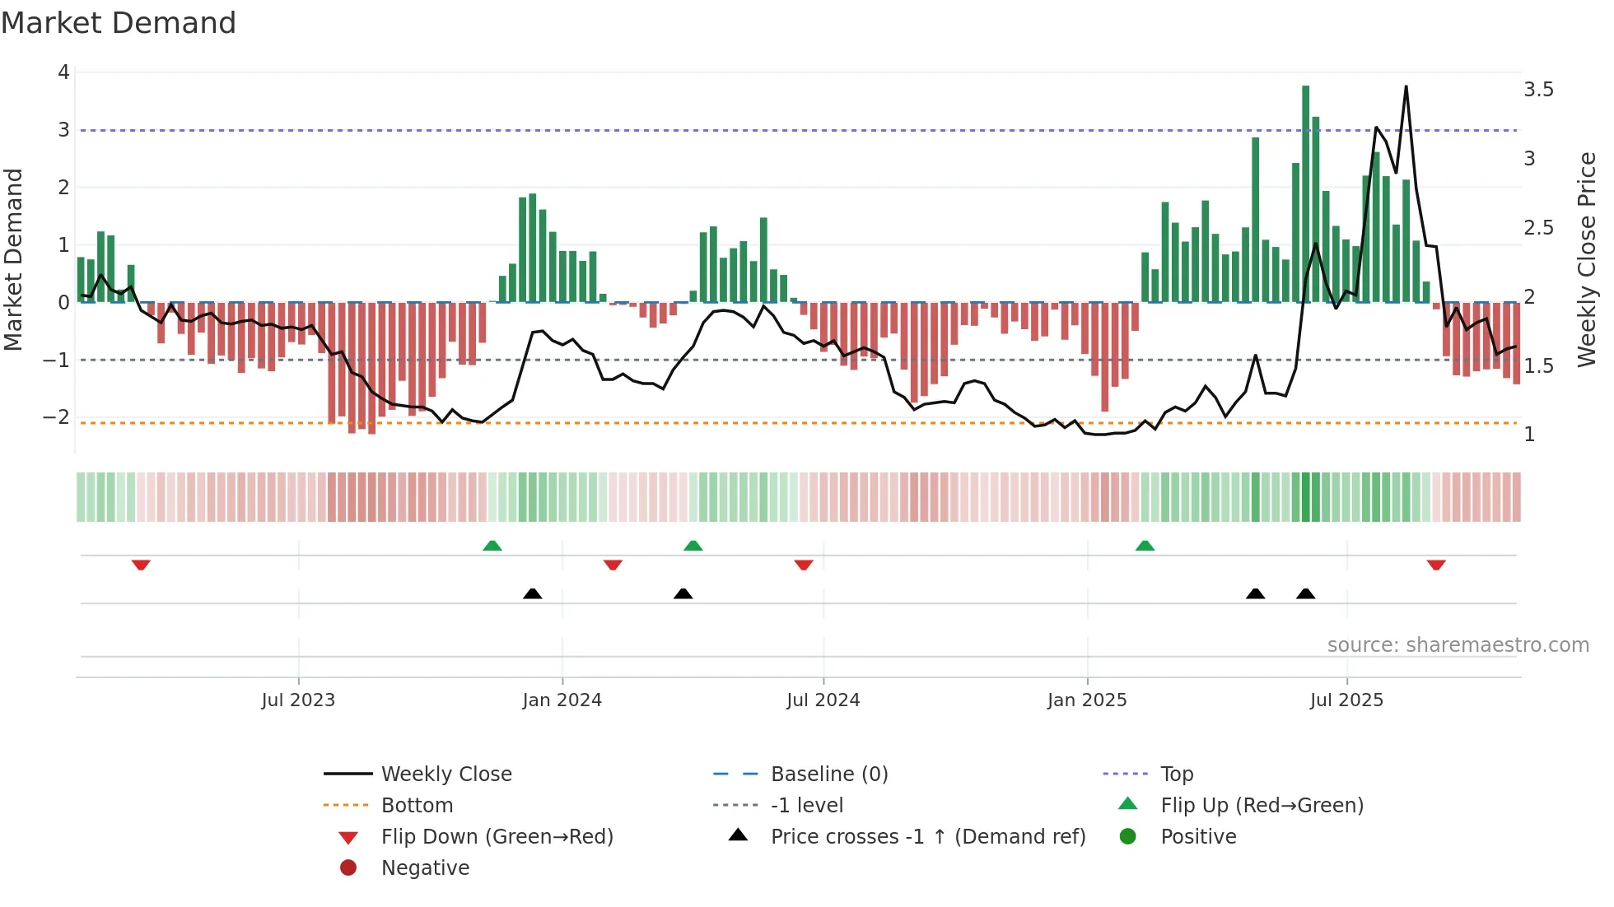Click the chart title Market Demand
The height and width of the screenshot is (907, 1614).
(119, 23)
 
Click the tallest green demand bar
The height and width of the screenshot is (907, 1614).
(1305, 193)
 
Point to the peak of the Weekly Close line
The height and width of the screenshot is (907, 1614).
(1406, 86)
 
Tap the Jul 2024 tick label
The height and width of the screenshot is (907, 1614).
(823, 700)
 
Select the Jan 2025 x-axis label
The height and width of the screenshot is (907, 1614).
(1087, 700)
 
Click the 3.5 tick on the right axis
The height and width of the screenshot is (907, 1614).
(1538, 90)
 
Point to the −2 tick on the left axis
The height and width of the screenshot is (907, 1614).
(56, 417)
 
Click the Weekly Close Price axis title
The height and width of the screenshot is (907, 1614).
(1586, 259)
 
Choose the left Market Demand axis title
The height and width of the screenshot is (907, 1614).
(13, 259)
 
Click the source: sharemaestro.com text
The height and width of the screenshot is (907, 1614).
(1458, 645)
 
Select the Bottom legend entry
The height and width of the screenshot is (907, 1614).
(417, 806)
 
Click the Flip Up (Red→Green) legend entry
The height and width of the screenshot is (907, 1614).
(1262, 806)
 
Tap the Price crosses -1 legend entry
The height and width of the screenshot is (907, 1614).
(927, 837)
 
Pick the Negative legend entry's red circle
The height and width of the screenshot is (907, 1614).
(348, 868)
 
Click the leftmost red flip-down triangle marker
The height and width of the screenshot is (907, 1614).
(141, 565)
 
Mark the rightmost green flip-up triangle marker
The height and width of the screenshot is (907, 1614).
(1145, 546)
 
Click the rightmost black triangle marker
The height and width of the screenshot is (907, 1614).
(1305, 593)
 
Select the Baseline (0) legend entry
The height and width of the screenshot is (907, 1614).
(828, 774)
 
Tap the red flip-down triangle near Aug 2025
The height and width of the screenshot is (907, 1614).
(1436, 565)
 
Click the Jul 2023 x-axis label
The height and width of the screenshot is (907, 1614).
(298, 700)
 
